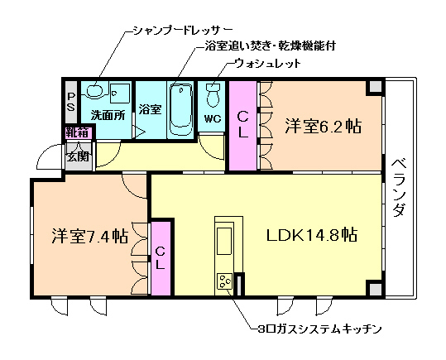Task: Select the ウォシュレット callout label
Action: (x=266, y=63)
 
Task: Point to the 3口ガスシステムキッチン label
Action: (x=319, y=329)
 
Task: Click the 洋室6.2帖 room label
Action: (x=324, y=127)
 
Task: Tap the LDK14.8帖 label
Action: (x=311, y=234)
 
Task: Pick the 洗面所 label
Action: (x=108, y=115)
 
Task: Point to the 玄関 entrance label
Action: (x=78, y=156)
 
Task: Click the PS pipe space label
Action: (x=71, y=102)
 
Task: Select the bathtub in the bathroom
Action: (x=180, y=108)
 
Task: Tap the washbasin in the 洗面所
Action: (x=96, y=90)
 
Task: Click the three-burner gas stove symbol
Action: (x=224, y=282)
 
